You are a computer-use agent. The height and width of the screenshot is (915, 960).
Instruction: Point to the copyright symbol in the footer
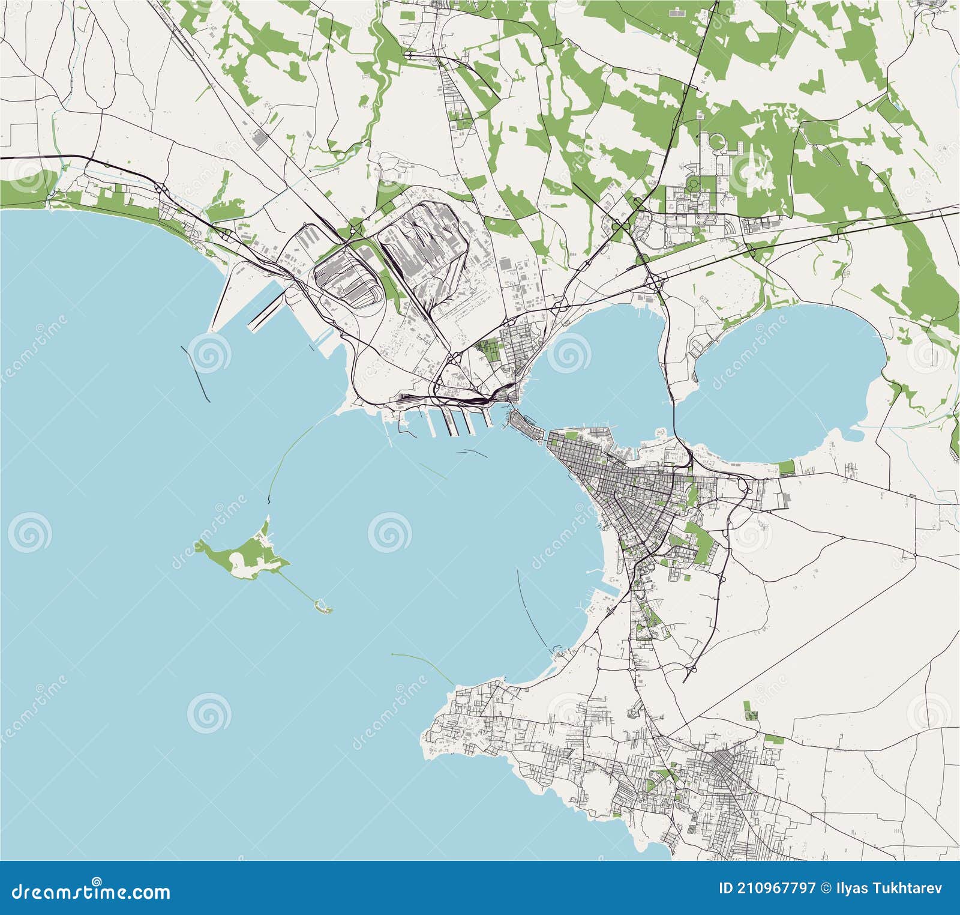pos(827,889)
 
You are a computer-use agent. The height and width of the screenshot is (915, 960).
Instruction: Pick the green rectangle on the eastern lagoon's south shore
pos(786,467)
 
